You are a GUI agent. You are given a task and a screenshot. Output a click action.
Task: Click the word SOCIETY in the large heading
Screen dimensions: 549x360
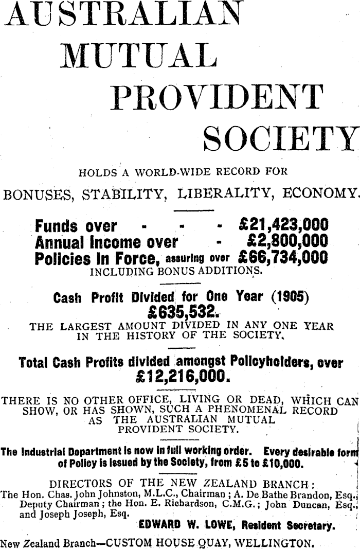point(280,138)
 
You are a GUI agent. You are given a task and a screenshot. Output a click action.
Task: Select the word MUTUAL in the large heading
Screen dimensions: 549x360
point(137,55)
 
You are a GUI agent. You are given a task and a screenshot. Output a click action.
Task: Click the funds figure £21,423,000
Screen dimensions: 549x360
point(284,226)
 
